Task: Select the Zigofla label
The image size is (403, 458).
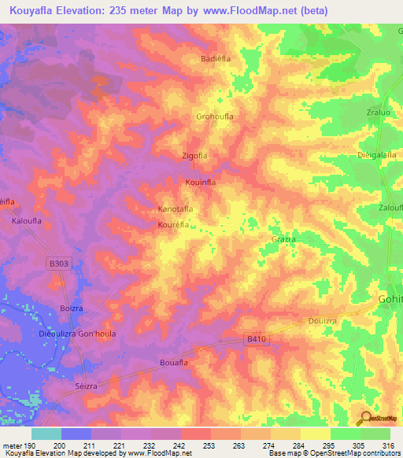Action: (x=197, y=156)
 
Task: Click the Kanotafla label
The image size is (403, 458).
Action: (x=176, y=209)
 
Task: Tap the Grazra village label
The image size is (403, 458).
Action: (x=283, y=238)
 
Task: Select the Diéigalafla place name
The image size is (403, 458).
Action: (x=375, y=155)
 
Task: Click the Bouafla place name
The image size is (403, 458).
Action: (x=173, y=362)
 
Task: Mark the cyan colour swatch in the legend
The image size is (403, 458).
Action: (x=46, y=434)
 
